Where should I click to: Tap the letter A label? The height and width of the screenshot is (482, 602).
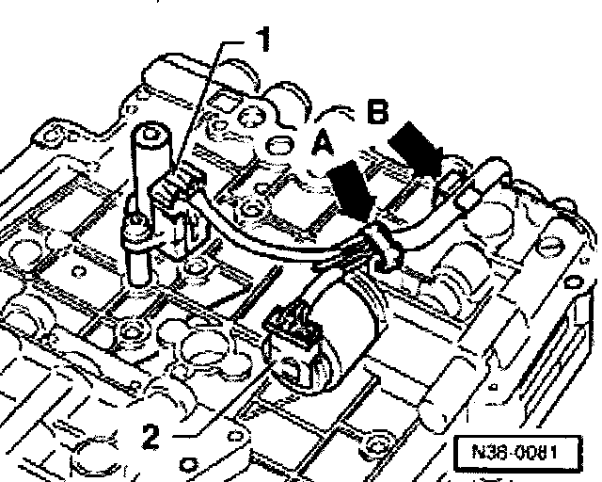point(322,143)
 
